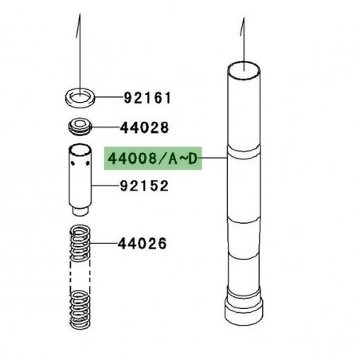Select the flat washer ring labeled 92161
click(79, 99)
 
